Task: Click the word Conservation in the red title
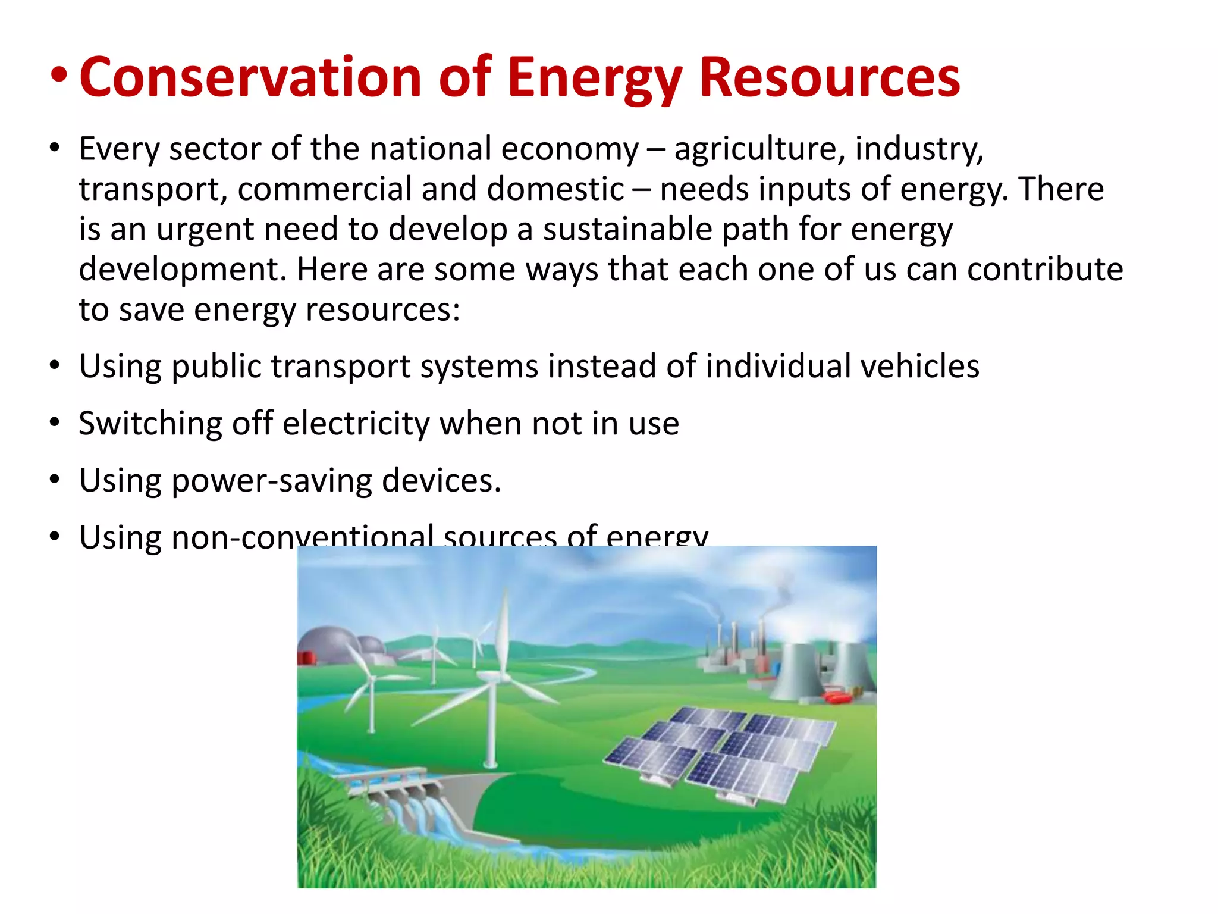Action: (x=250, y=77)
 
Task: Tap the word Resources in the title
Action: (x=829, y=77)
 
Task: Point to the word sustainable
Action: (x=627, y=229)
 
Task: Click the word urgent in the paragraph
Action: (x=205, y=230)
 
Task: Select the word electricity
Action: (x=356, y=424)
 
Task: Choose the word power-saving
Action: (x=271, y=481)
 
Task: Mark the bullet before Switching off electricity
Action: (x=55, y=423)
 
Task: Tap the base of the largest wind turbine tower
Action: (x=491, y=763)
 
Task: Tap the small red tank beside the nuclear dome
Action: (x=306, y=658)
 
